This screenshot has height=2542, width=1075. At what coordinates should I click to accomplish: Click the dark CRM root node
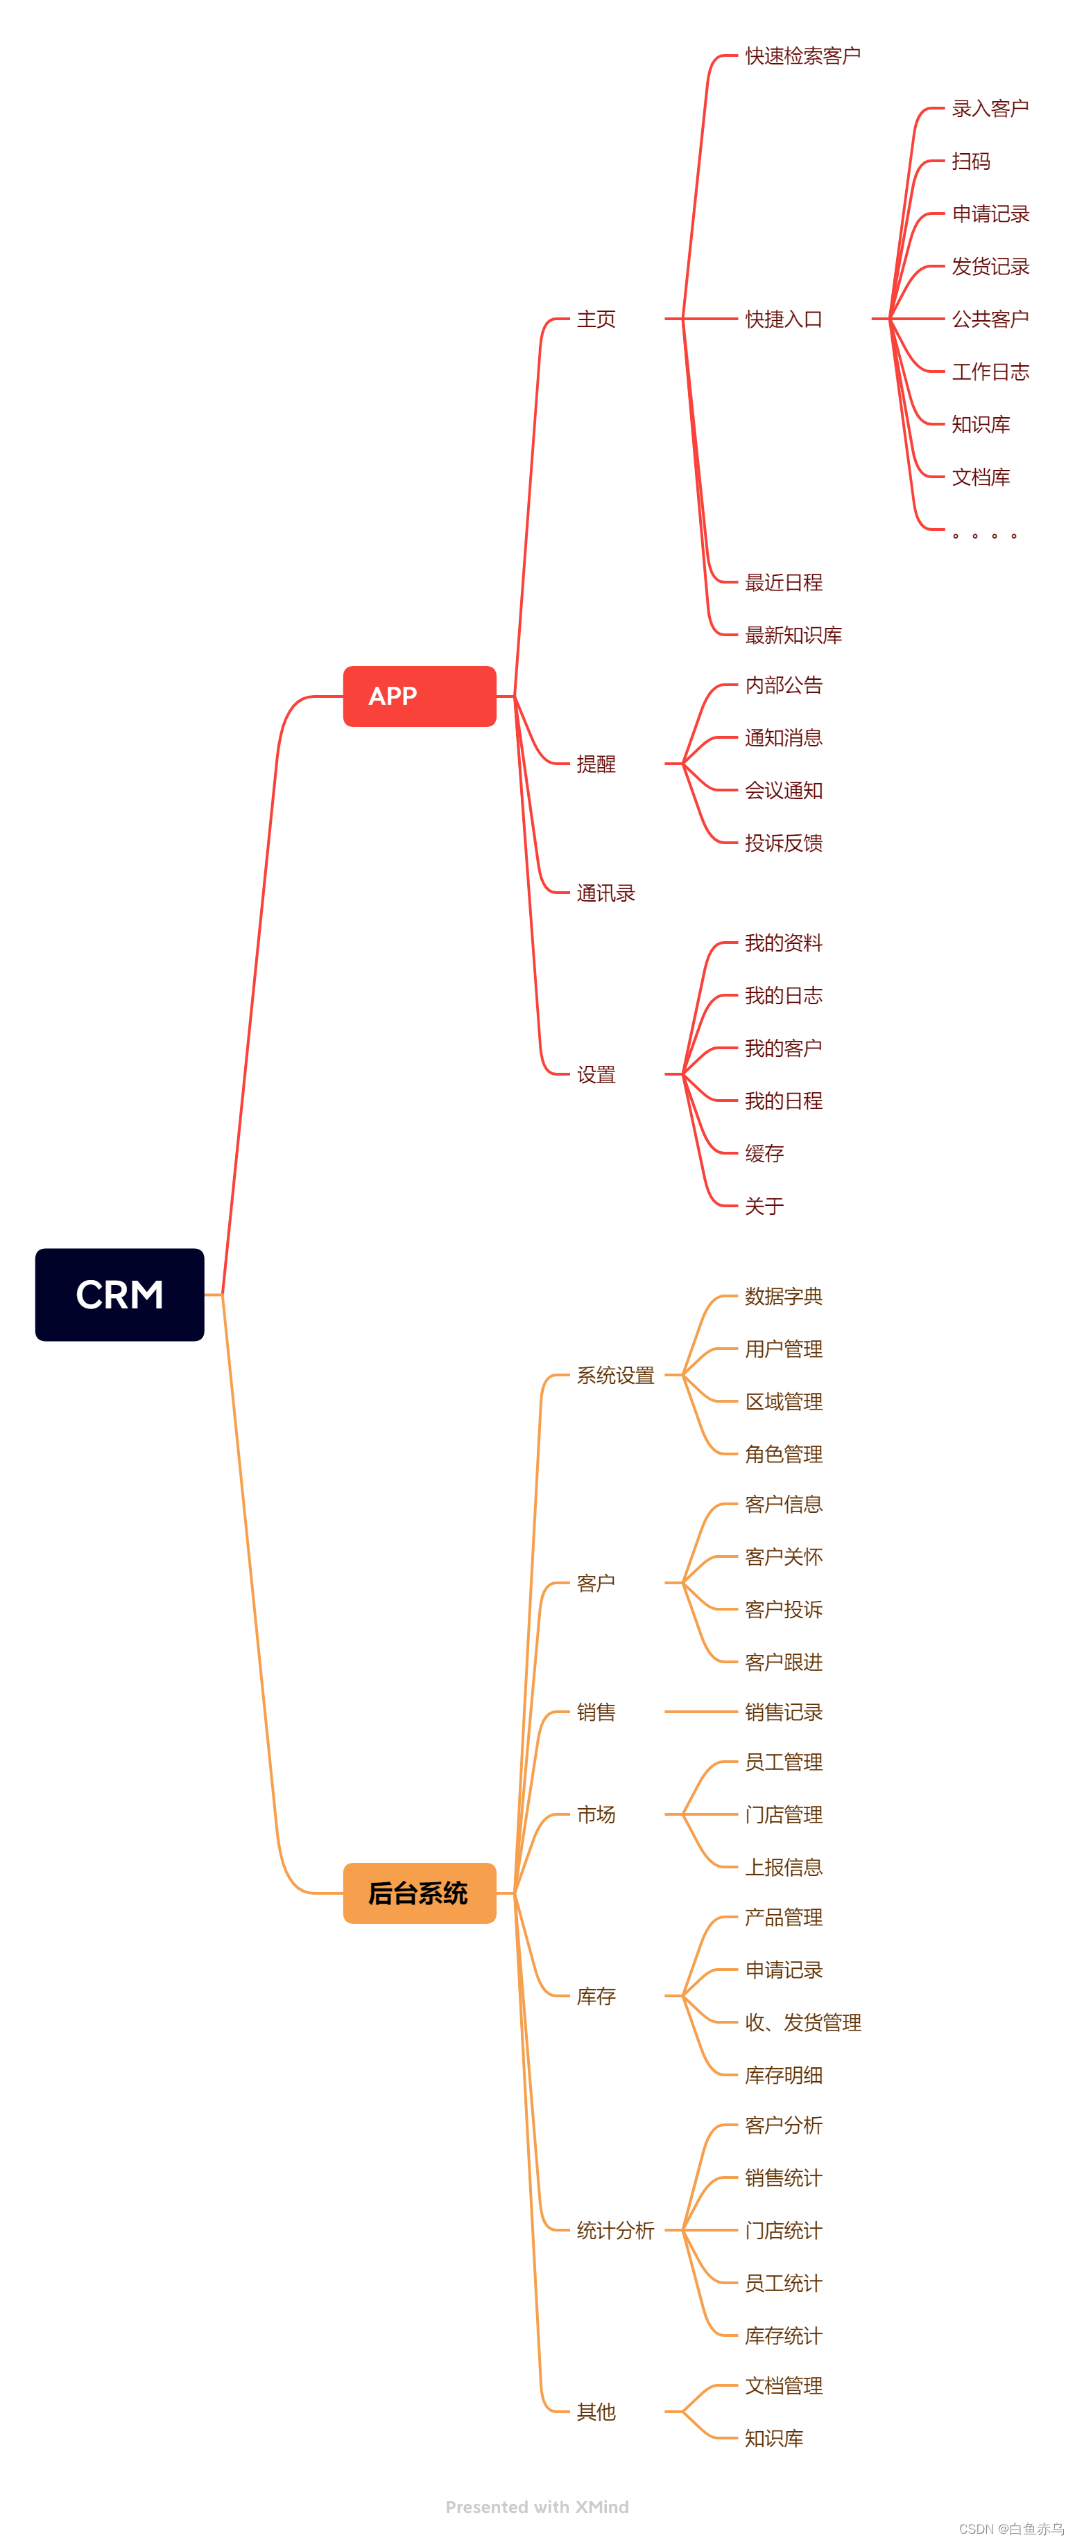click(x=119, y=1294)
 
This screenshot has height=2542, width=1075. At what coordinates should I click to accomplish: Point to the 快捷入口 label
click(x=783, y=319)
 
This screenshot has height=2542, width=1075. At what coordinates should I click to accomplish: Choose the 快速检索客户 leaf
click(x=802, y=56)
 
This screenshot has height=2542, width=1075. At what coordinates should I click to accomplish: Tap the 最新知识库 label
click(x=793, y=635)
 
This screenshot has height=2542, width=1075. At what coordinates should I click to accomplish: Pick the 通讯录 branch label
click(x=605, y=893)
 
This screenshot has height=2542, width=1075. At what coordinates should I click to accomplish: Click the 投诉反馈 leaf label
click(x=783, y=843)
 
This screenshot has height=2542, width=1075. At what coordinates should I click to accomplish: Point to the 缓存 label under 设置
click(x=764, y=1152)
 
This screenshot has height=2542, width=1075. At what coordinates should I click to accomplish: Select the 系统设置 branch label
click(x=615, y=1375)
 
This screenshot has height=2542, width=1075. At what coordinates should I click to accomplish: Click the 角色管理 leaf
click(x=783, y=1453)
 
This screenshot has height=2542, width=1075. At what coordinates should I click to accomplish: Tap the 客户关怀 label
click(x=783, y=1557)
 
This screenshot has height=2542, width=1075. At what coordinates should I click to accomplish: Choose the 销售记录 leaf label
click(x=783, y=1712)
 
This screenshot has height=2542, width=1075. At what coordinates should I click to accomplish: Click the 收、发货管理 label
click(x=802, y=2022)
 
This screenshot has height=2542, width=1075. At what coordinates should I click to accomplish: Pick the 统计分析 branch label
click(x=615, y=2230)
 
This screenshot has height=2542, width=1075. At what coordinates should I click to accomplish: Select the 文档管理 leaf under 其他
click(x=783, y=2385)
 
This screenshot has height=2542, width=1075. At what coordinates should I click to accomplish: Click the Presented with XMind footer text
click(x=536, y=2507)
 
